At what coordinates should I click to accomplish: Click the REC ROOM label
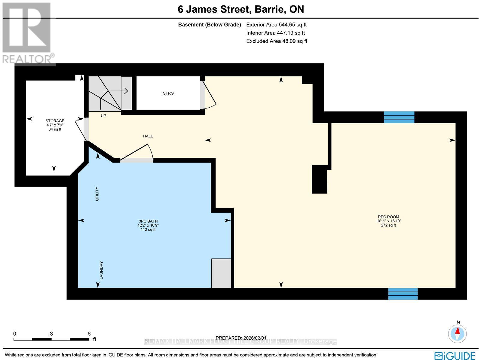[388, 217]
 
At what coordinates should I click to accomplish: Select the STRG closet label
[168, 93]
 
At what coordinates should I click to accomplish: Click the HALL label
[148, 136]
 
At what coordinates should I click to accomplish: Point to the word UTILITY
[97, 194]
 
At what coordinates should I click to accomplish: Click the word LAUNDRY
[102, 270]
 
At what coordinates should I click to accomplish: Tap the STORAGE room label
[55, 121]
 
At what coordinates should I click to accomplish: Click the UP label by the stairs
[103, 116]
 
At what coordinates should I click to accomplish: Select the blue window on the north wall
[399, 117]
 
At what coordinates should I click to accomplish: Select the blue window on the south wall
[403, 294]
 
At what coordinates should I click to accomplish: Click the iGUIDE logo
[455, 355]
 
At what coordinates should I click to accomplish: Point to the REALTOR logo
[28, 33]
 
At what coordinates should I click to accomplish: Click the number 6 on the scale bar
[89, 334]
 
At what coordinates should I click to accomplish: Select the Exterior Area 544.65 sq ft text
[276, 25]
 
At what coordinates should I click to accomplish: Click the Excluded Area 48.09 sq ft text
[277, 41]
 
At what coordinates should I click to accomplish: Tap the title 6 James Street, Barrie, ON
[241, 9]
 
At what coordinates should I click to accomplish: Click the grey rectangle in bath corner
[221, 273]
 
